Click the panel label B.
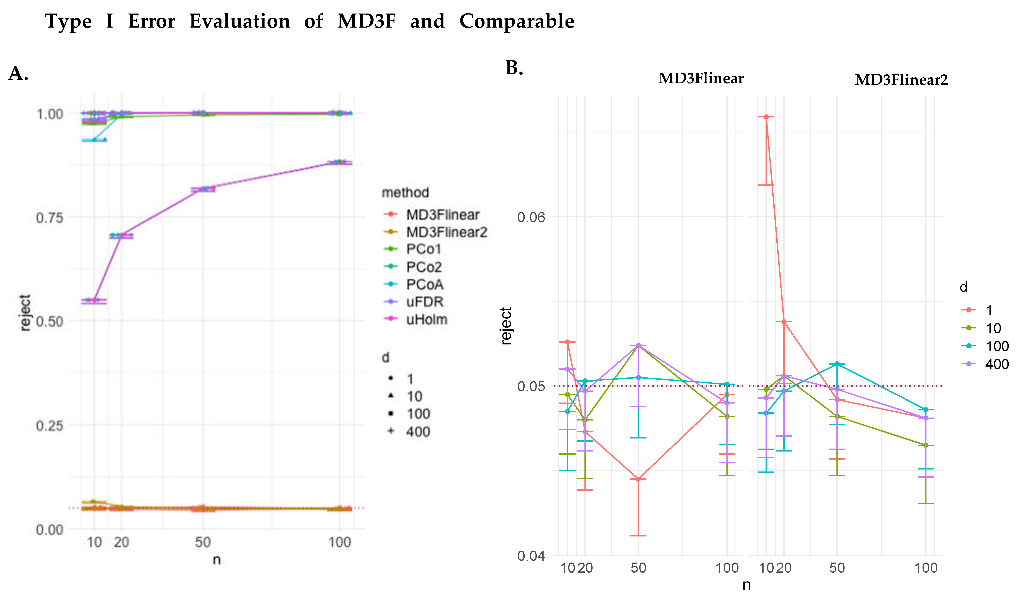[514, 68]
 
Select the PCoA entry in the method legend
[424, 284]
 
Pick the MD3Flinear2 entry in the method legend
[446, 232]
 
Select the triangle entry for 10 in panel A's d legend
[414, 396]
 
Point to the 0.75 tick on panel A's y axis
[49, 218]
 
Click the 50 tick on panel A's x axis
[203, 542]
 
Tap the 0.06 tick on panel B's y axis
[531, 217]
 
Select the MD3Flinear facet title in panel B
[701, 78]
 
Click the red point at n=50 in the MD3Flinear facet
[638, 479]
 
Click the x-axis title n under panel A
[217, 560]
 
